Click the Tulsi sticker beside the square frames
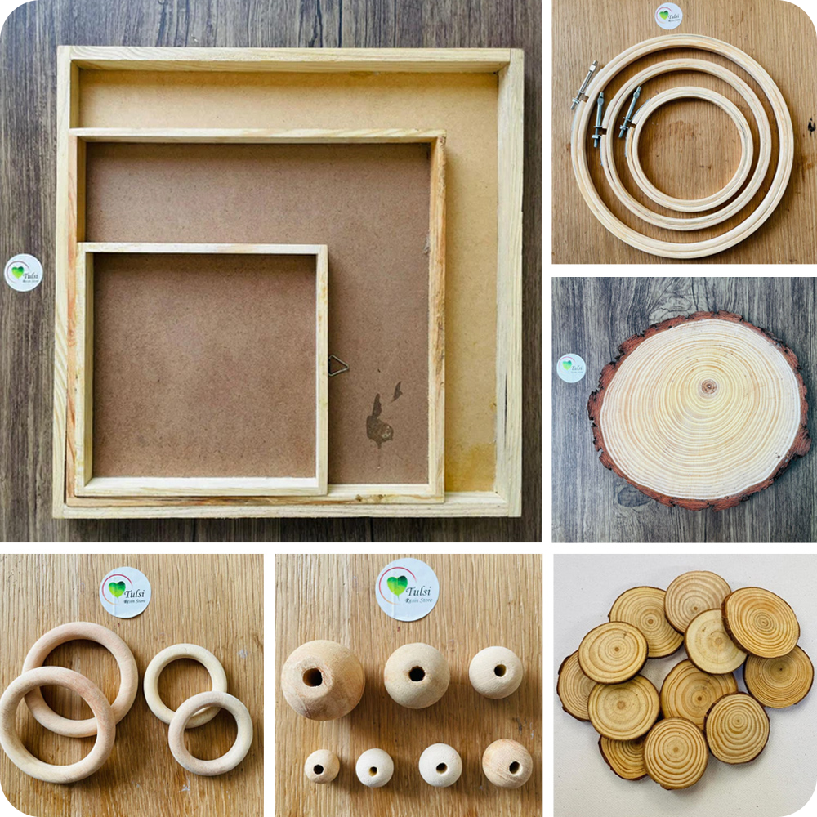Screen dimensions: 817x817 click(24, 272)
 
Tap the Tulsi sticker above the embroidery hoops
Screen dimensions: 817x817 click(668, 16)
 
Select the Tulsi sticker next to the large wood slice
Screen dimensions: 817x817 click(571, 368)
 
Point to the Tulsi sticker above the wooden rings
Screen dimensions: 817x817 click(125, 592)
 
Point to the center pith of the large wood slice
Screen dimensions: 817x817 click(708, 386)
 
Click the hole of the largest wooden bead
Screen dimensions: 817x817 click(312, 676)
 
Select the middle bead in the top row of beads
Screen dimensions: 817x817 click(417, 675)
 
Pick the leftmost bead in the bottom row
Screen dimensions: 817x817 click(322, 766)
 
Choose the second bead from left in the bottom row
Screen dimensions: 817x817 click(374, 767)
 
